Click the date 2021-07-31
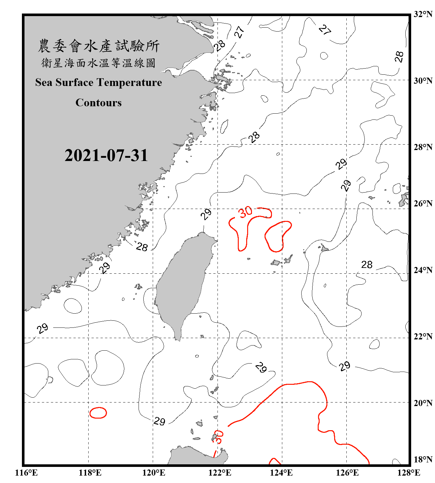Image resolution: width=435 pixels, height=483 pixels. click(106, 156)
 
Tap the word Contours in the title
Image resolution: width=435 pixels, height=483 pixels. click(99, 103)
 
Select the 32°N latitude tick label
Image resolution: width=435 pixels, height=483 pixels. click(423, 14)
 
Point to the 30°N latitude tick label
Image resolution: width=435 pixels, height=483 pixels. click(423, 80)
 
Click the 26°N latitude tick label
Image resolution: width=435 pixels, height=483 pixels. click(423, 204)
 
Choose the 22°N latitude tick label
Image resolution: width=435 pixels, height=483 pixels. click(423, 336)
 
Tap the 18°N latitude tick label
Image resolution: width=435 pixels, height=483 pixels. click(423, 459)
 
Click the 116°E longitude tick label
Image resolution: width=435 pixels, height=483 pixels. click(26, 473)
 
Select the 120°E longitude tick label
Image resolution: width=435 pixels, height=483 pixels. click(154, 473)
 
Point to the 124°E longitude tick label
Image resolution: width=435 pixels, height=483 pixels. click(281, 473)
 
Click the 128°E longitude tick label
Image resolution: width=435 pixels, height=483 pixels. click(409, 473)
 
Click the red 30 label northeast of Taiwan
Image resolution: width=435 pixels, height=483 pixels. click(245, 212)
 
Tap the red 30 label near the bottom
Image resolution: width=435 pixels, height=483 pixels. click(218, 437)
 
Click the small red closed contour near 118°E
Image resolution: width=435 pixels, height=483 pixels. click(98, 413)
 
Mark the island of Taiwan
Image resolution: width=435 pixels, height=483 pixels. click(182, 283)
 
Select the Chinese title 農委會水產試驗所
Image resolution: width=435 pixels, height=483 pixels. click(99, 46)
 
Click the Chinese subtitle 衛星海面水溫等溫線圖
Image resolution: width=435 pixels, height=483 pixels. click(99, 63)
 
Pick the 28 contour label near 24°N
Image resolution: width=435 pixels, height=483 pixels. click(367, 265)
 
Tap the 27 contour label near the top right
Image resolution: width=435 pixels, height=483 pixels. click(325, 30)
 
